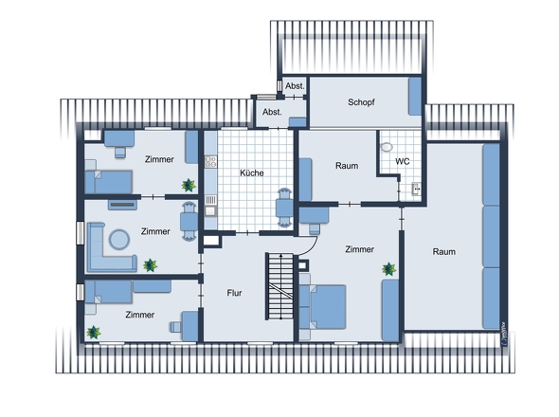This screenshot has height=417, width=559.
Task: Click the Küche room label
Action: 252,173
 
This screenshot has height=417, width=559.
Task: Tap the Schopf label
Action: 361,102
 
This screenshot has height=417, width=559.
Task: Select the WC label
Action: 402,162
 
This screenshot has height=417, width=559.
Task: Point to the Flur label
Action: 234,293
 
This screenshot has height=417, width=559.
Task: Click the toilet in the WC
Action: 387,147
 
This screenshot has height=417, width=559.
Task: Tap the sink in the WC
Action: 416,189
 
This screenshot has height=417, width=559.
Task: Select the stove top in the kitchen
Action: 210,162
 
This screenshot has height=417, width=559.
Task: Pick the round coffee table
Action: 119,239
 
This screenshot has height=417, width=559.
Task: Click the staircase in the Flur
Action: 280,286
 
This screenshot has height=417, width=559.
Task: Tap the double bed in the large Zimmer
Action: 323,307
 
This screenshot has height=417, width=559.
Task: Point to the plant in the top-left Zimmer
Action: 189,185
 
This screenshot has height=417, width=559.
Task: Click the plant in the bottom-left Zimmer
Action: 94,332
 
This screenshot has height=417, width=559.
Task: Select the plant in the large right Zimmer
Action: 389,269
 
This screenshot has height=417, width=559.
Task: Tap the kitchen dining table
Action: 284,208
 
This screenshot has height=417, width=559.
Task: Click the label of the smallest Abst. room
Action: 295,86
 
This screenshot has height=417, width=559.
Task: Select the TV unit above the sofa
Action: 122,205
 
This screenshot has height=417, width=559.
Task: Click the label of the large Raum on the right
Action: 443,251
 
